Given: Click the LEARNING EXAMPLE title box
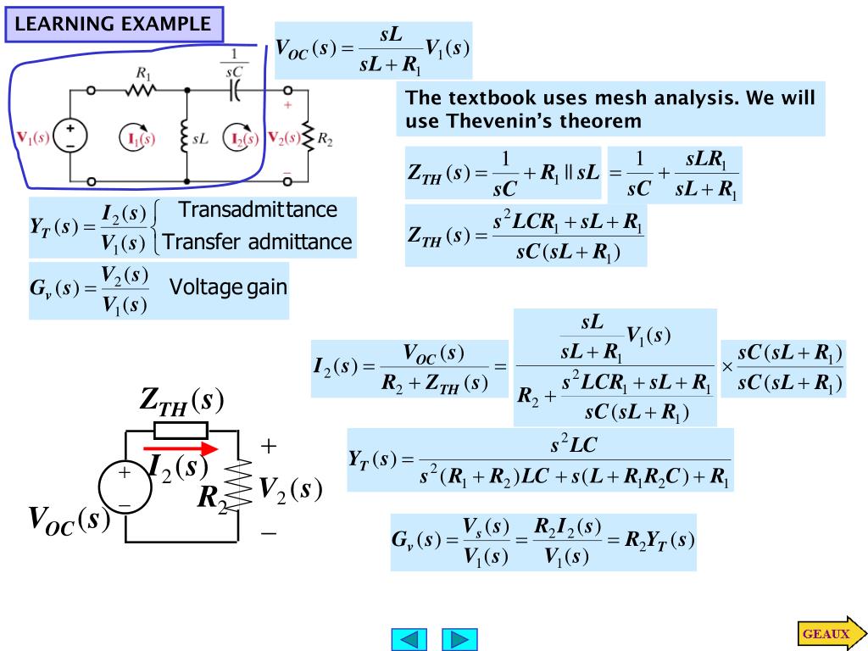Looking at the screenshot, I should coord(114,24).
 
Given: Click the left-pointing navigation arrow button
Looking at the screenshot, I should coord(409,639).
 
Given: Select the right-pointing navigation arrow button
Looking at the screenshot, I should coord(459,639).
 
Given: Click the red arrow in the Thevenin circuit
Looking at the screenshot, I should coord(180,449).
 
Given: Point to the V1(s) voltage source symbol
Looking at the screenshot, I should coord(70,136).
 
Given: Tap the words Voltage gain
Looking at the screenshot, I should coord(228,287).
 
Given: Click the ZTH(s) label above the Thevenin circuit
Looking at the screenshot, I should coord(181,401).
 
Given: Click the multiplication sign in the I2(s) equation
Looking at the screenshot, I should coord(726,367).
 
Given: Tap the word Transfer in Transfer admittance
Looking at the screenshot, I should coord(201,242).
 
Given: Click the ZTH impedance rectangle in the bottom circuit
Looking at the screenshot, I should coord(181,430).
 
